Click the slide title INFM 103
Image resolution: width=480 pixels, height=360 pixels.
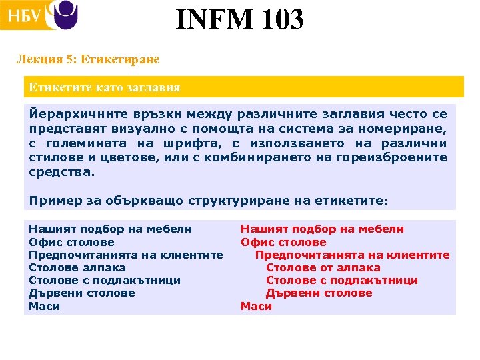coord(240,20)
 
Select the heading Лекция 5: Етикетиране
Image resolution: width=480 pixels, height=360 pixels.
coord(87,59)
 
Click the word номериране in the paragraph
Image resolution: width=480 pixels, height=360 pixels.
coord(411,128)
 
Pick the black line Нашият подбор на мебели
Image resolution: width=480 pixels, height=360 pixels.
coord(110,229)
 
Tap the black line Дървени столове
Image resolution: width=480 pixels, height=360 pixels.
coord(82,293)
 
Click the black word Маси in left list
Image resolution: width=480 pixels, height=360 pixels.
coord(44,306)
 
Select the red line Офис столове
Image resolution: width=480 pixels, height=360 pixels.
coord(283,242)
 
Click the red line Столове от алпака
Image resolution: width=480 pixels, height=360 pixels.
coord(323,268)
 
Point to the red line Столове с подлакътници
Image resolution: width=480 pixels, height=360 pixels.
coord(342,281)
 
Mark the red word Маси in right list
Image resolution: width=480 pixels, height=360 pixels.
coord(256,306)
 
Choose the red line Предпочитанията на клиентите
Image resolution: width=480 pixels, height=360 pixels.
coord(353,255)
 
